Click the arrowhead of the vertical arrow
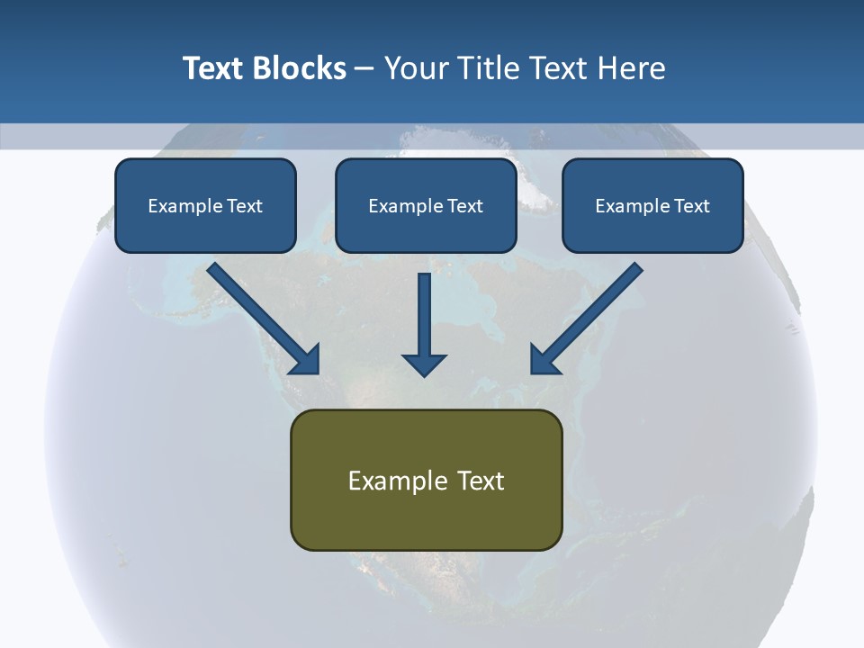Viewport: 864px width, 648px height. (x=424, y=363)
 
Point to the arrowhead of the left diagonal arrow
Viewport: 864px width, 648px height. (x=307, y=360)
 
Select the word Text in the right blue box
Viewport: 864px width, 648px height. (x=691, y=206)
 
